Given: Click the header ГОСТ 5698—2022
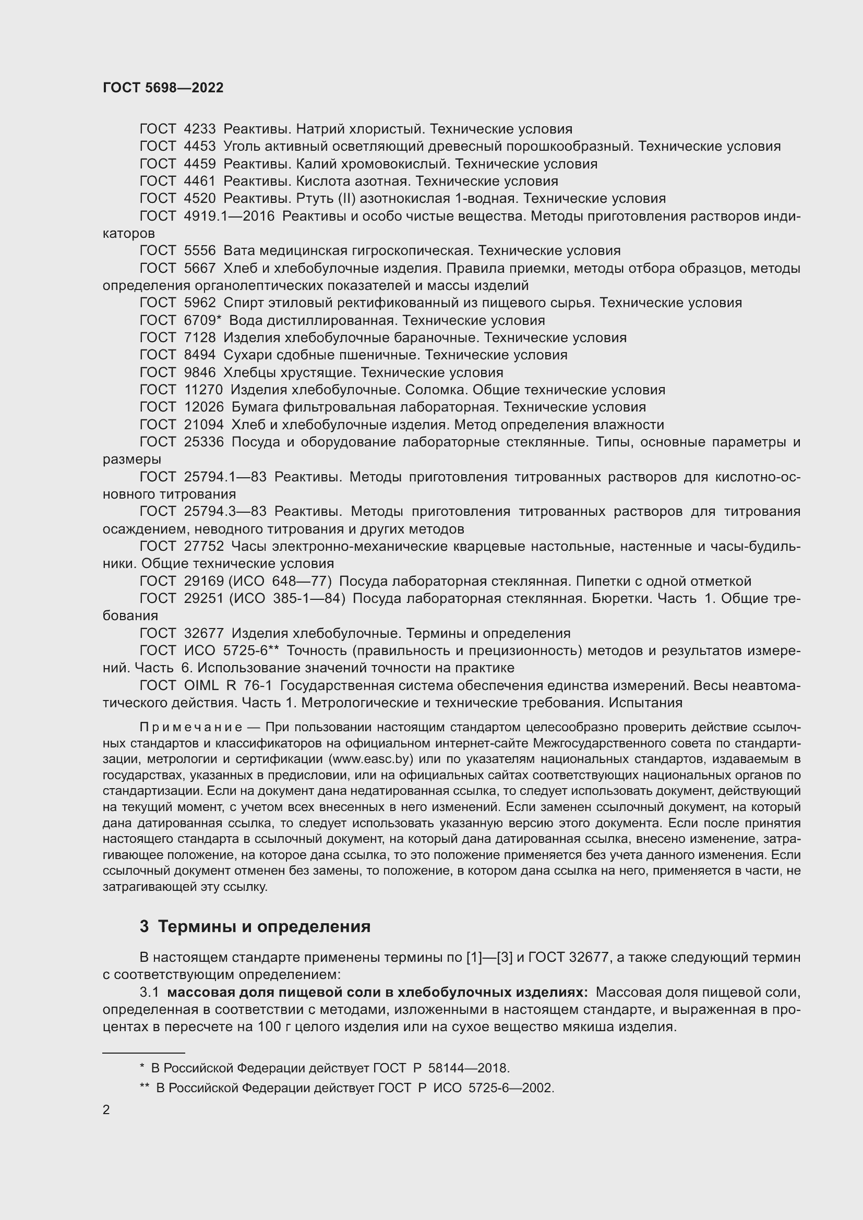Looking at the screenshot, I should (x=163, y=88).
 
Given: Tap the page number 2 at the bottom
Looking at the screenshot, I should (x=106, y=1109).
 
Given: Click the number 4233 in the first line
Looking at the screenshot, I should (x=200, y=129).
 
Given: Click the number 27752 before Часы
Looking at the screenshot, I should (x=203, y=546).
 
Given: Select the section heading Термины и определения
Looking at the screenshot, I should (x=264, y=927).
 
